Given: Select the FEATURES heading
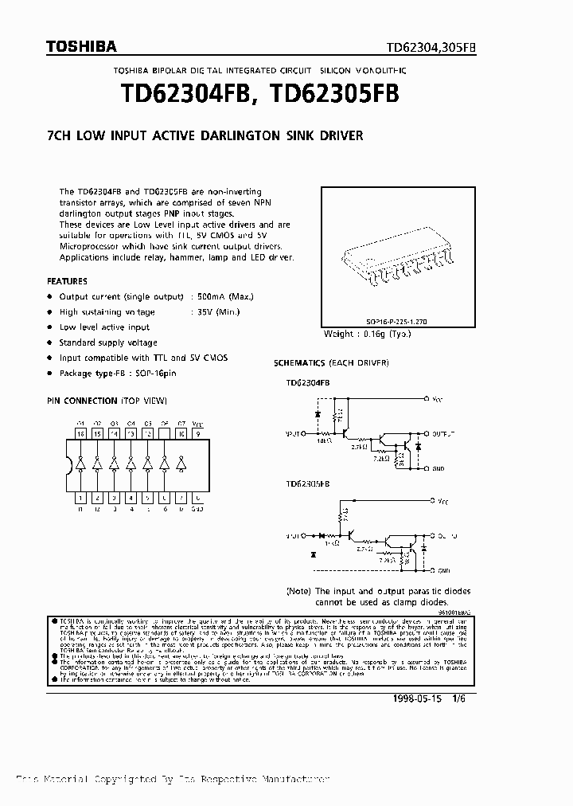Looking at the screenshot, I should click(68, 281).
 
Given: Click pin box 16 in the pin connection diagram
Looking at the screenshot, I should click(80, 435).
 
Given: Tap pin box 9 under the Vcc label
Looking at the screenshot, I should click(198, 435).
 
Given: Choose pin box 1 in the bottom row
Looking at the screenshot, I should click(80, 498).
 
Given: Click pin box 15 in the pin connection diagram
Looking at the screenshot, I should click(97, 435).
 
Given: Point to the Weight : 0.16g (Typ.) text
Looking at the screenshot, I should click(367, 334).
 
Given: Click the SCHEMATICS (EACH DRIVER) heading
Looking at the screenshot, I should click(330, 363).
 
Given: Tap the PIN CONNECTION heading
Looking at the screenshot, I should click(107, 400).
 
